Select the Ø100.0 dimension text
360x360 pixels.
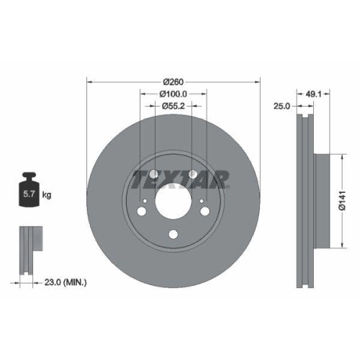point(174,94)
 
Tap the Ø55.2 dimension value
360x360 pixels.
point(174,107)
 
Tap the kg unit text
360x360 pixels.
point(47,194)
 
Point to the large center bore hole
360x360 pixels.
point(174,199)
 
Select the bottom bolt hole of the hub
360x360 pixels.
point(174,233)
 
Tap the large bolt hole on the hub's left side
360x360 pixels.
point(141,210)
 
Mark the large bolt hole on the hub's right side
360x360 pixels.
point(206,210)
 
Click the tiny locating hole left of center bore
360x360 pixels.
point(146,201)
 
